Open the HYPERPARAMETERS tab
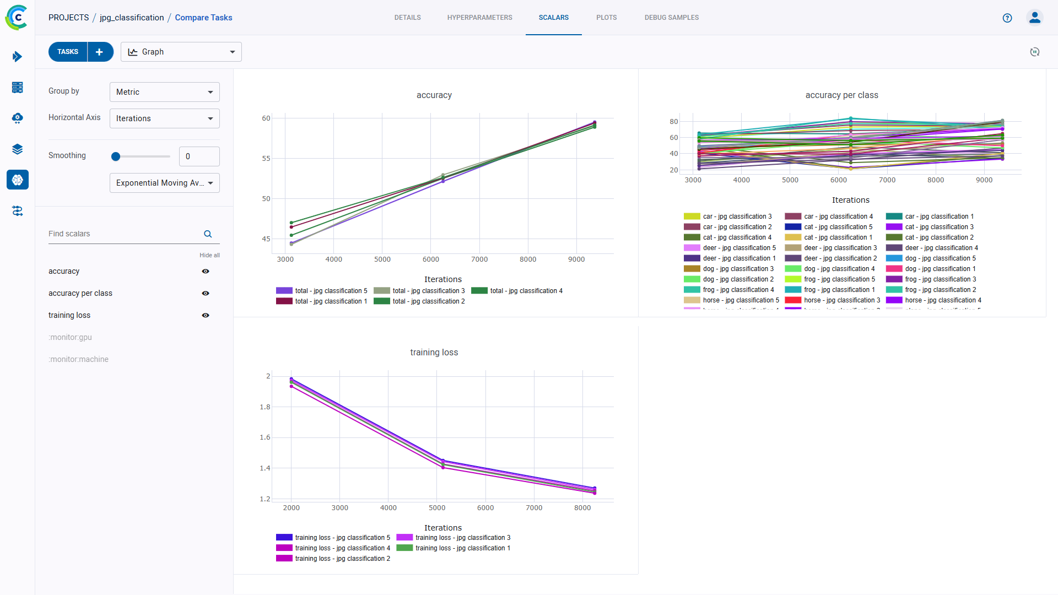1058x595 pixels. point(479,18)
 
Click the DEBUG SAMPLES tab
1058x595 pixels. point(671,18)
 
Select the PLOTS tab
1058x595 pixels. point(606,18)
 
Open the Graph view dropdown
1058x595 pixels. point(181,52)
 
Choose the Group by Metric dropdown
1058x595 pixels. point(164,92)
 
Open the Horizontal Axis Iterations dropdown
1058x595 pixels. point(164,118)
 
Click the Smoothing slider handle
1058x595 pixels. point(116,156)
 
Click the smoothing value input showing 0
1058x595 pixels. point(199,156)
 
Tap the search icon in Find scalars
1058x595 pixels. point(208,234)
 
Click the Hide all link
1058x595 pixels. point(209,255)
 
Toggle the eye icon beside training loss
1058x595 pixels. point(206,315)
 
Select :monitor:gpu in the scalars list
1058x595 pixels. point(70,337)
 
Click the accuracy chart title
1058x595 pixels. point(434,95)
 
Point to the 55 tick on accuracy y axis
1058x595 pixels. point(266,159)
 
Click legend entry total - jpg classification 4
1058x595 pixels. point(526,291)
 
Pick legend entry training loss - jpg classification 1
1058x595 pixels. point(462,548)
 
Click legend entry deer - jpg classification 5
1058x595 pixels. point(738,248)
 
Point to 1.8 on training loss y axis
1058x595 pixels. point(265,407)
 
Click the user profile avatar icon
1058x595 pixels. point(1034,18)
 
